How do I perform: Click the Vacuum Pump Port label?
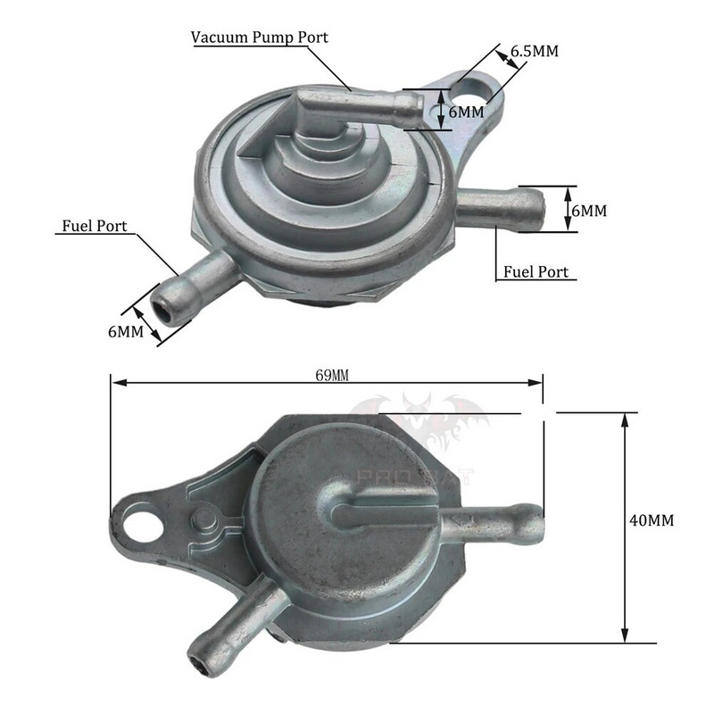click(x=260, y=37)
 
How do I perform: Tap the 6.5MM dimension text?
click(x=534, y=51)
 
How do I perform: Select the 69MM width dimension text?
click(x=332, y=374)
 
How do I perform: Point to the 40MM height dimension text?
click(x=651, y=519)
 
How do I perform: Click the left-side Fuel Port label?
click(x=95, y=226)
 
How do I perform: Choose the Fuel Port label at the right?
click(x=535, y=271)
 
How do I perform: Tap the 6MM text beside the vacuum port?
click(x=465, y=112)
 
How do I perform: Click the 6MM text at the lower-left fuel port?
click(x=126, y=332)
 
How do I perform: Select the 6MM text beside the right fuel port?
click(x=588, y=211)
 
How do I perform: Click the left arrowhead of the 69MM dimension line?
click(x=114, y=383)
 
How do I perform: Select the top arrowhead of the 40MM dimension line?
click(x=626, y=417)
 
